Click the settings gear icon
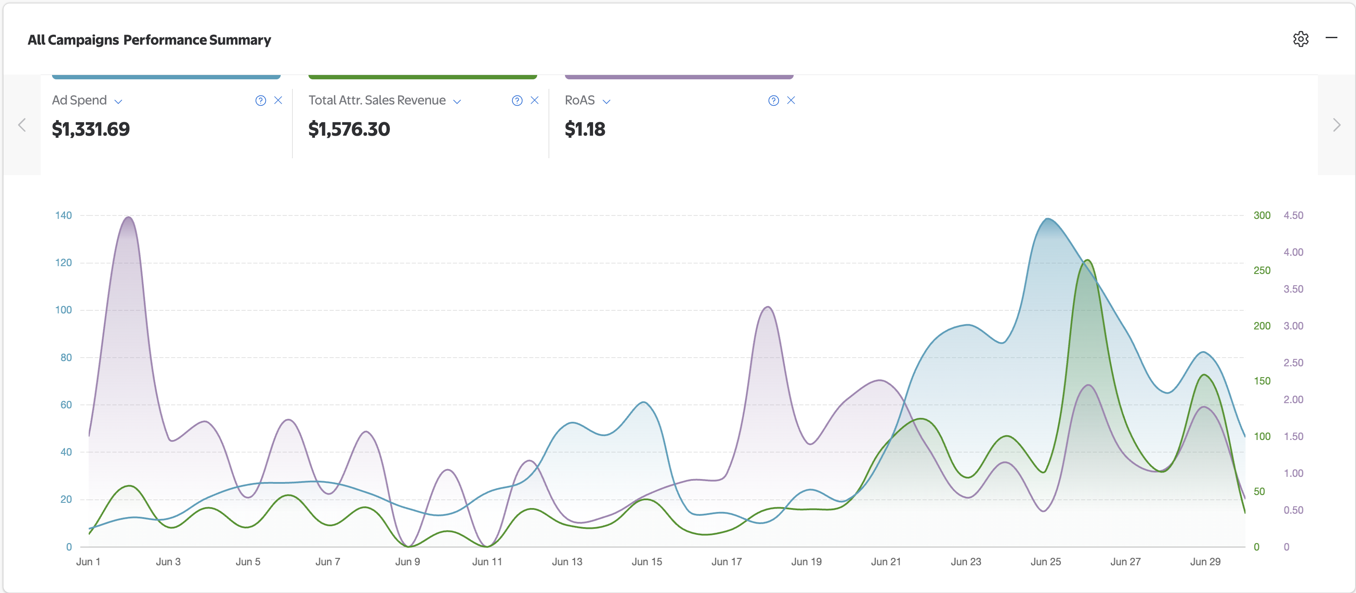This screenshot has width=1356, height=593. point(1300,39)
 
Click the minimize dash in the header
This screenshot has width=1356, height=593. point(1331,38)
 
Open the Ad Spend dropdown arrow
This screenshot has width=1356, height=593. point(118,101)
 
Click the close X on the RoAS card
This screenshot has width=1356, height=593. point(791,100)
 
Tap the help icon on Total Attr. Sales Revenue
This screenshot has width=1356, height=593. point(517,101)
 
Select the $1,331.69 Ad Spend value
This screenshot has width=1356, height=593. point(91,129)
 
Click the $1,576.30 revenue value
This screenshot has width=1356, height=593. point(349,129)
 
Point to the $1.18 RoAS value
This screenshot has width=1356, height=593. point(585,129)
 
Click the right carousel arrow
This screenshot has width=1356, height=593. point(1337,125)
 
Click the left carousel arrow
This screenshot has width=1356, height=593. point(22,125)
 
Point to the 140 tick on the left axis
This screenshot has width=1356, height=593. point(63,215)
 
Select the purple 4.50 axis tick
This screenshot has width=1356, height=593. point(1293,215)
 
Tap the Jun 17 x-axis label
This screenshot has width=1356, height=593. point(727,561)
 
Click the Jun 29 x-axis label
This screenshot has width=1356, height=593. point(1205,561)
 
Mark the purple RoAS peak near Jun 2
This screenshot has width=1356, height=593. point(128,217)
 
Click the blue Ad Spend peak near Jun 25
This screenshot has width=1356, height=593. point(1048,218)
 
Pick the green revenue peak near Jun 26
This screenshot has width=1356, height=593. point(1087,260)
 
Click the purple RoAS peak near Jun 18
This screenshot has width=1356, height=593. point(768,307)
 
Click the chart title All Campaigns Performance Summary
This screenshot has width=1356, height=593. point(149,40)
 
